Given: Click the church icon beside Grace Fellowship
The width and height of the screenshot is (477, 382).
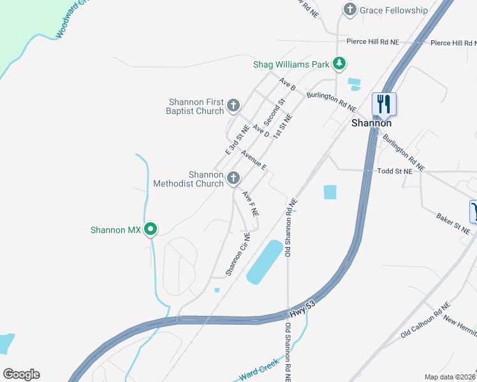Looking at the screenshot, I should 349,10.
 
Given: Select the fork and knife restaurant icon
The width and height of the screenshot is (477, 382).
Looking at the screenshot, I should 384,104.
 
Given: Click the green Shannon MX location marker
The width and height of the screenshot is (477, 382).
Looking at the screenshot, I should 150,229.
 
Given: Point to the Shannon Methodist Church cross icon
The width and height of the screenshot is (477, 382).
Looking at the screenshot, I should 233,178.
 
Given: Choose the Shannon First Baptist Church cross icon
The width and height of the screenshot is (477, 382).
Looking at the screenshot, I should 233,105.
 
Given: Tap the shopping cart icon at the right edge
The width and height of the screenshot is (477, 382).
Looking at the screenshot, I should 474,211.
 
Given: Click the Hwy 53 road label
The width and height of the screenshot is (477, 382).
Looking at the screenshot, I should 302,307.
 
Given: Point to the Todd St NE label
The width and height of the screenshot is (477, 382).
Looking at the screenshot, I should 395,171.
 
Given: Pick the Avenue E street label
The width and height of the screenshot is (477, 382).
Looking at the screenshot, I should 253,159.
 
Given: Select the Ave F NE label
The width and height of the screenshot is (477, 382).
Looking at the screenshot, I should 249,203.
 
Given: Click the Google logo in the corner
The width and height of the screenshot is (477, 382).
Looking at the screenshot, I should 21,374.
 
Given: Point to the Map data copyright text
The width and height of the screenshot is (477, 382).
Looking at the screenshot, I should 450,377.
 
